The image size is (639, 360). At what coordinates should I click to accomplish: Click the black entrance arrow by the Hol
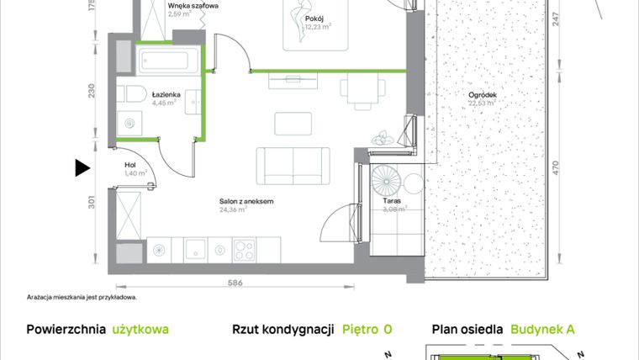(x=82, y=168)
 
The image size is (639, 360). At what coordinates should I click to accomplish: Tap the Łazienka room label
(x=166, y=95)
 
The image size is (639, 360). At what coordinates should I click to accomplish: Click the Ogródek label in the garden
(x=483, y=94)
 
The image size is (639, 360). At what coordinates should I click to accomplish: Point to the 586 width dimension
(x=236, y=283)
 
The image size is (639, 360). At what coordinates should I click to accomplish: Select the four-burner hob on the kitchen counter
(x=246, y=249)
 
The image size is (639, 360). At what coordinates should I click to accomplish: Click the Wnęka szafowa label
(x=193, y=6)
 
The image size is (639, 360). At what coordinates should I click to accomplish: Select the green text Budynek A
(x=542, y=330)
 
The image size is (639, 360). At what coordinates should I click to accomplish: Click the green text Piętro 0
(x=367, y=330)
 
